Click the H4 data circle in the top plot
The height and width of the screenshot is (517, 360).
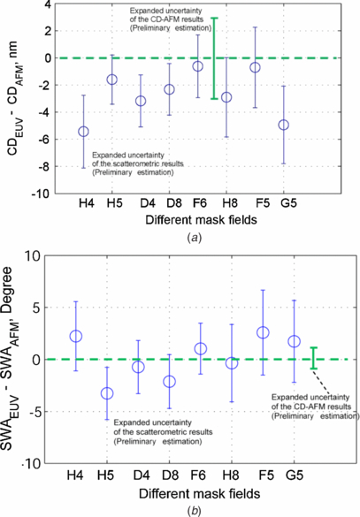click(84, 132)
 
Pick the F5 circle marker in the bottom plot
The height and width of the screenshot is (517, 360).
click(263, 332)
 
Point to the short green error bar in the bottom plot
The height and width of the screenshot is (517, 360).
click(312, 359)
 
